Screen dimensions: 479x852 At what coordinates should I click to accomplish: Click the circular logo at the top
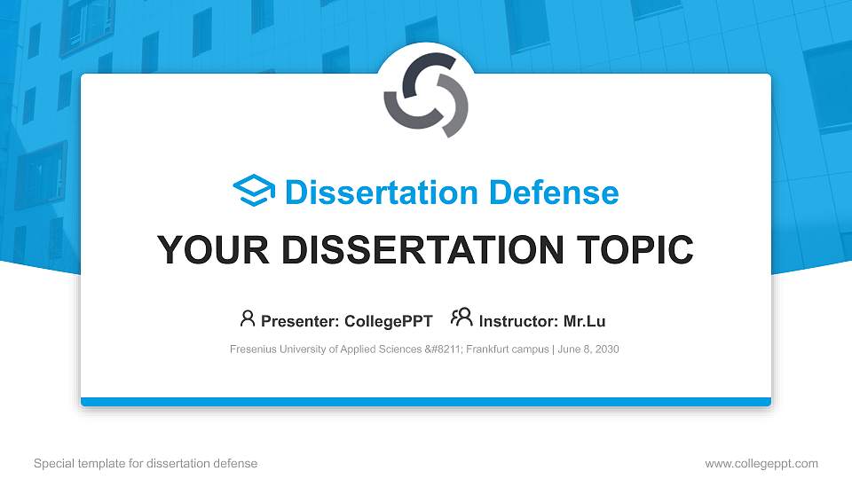point(426,95)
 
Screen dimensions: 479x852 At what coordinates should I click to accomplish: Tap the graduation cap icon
point(254,192)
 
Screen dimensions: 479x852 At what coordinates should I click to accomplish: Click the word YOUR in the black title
point(201,251)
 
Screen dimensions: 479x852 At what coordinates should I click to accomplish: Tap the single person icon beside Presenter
point(248,318)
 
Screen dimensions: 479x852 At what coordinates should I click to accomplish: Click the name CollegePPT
point(390,321)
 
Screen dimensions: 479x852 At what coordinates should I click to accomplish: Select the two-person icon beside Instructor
point(461,318)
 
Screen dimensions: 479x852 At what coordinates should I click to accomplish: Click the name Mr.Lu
point(584,321)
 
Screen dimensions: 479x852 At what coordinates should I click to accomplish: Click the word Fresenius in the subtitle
point(253,349)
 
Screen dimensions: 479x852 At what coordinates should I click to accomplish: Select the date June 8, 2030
point(588,349)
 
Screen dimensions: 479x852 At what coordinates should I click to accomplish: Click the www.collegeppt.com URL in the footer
point(761,463)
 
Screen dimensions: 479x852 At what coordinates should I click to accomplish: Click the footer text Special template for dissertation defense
point(146,463)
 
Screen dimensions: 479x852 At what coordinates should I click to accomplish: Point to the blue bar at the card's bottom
point(426,402)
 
